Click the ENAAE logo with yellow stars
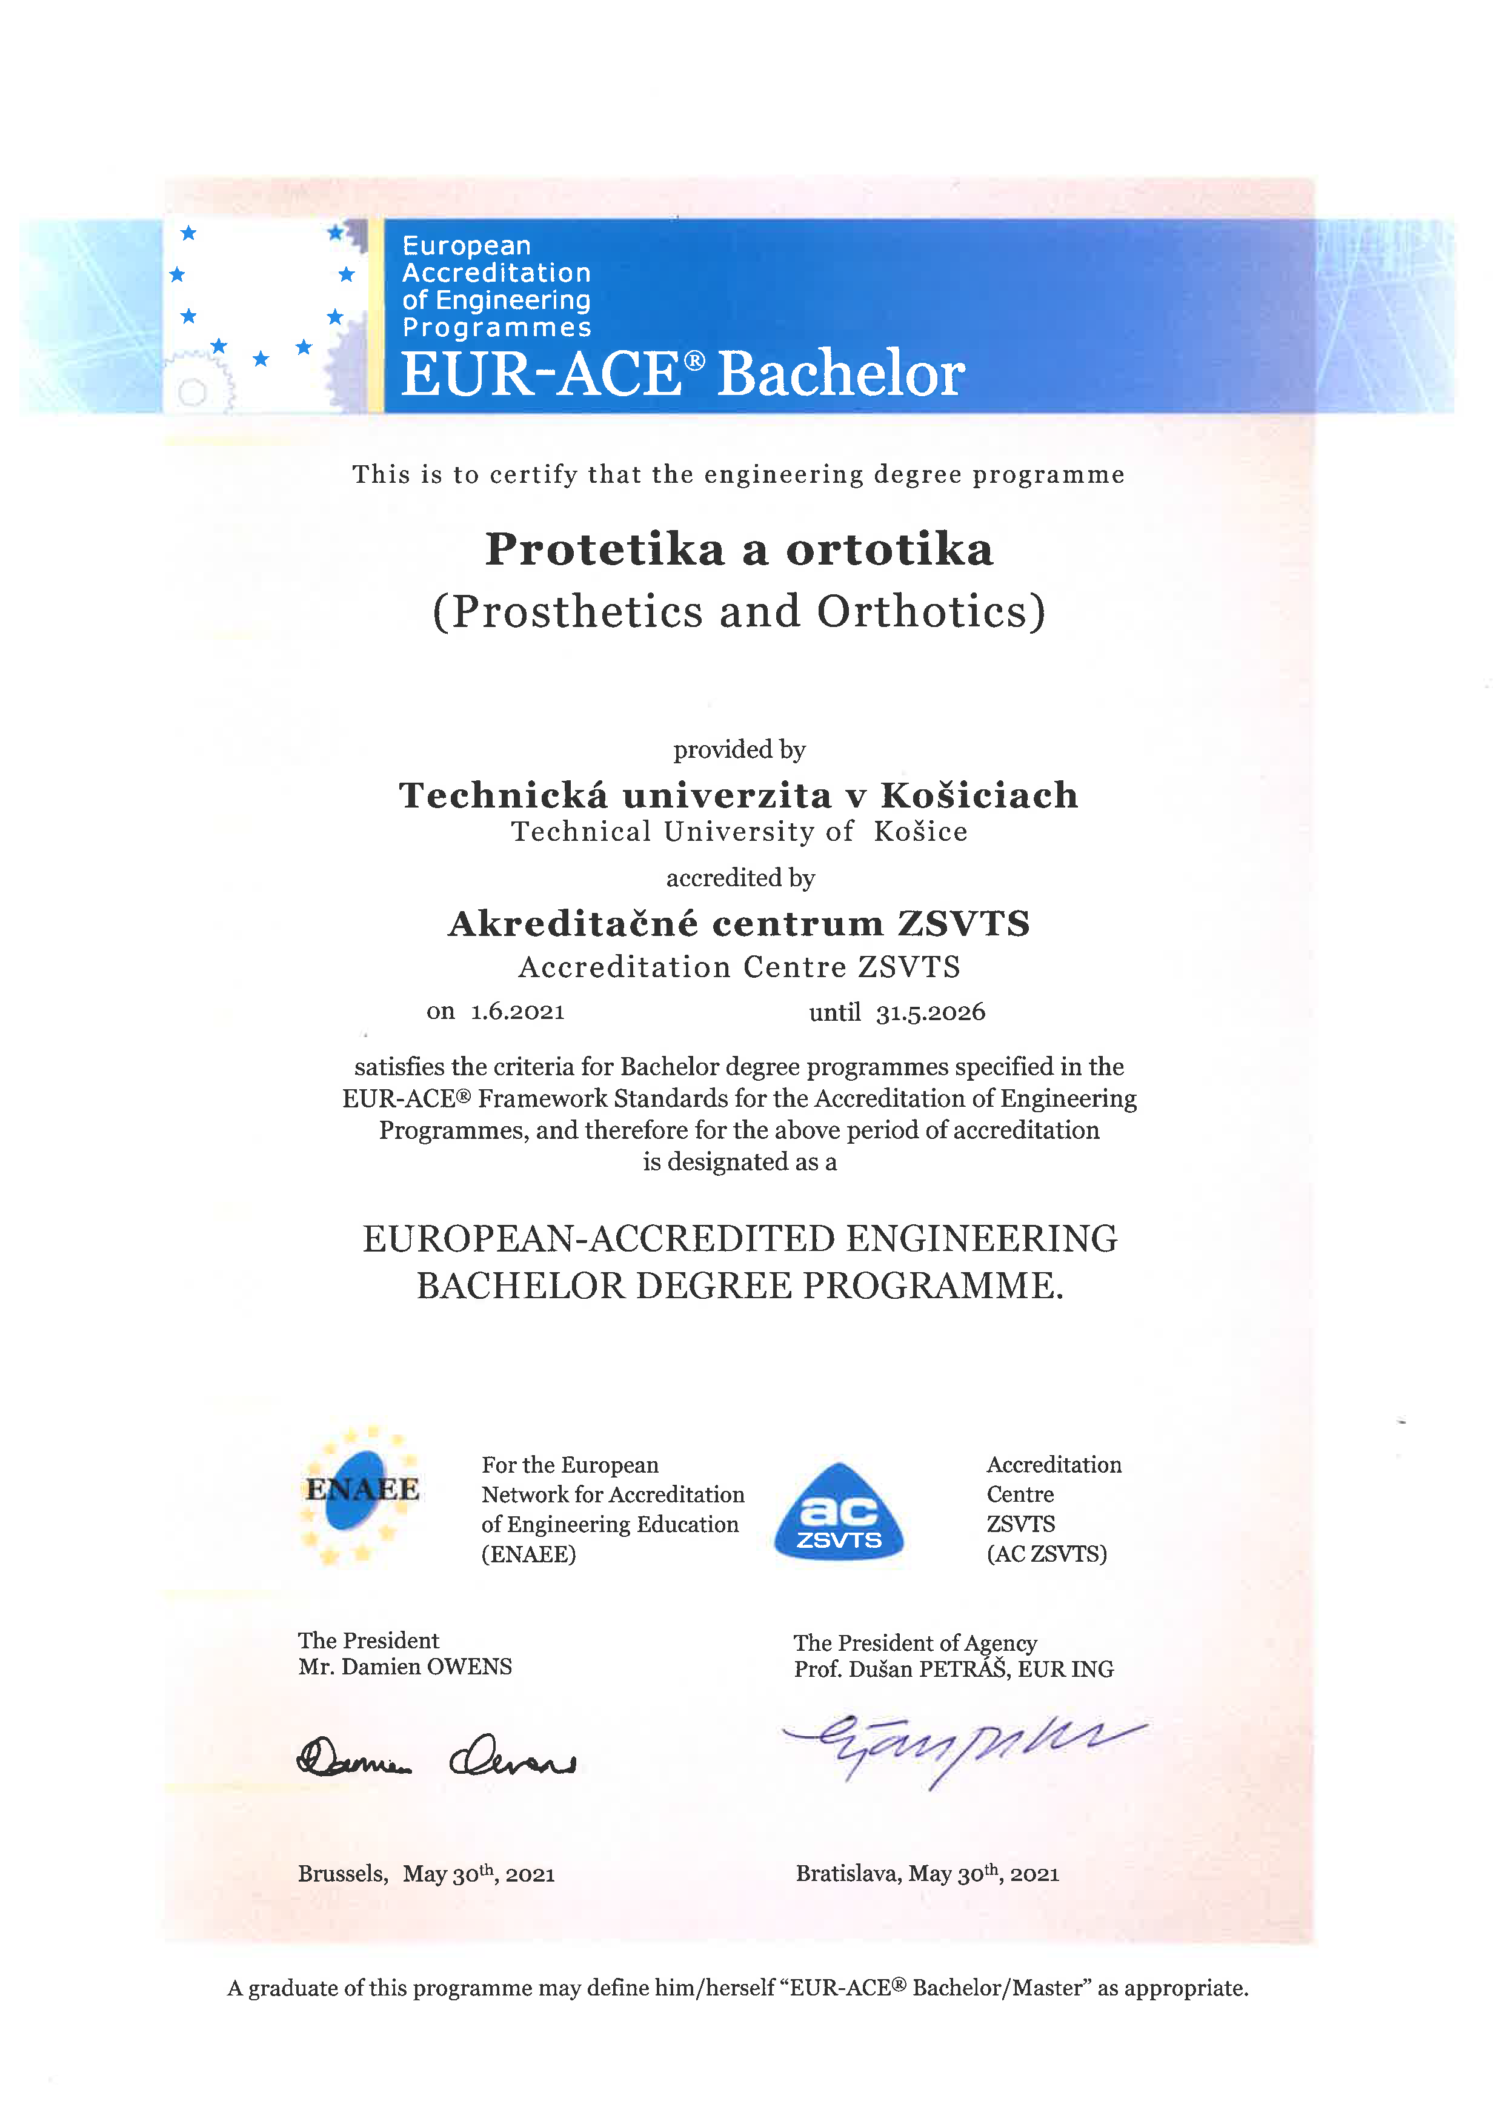pyautogui.click(x=361, y=1494)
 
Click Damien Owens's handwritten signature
pyautogui.click(x=436, y=1756)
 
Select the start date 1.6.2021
pyautogui.click(x=517, y=1012)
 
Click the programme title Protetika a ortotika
pyautogui.click(x=739, y=549)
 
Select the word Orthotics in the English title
pyautogui.click(x=931, y=612)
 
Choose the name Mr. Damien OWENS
pyautogui.click(x=405, y=1667)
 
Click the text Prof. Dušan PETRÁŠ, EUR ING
pyautogui.click(x=954, y=1670)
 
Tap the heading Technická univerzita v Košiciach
pyautogui.click(x=738, y=795)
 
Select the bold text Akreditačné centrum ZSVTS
pyautogui.click(x=739, y=924)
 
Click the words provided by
pyautogui.click(x=739, y=750)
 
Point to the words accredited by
pyautogui.click(x=740, y=878)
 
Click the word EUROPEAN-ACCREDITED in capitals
pyautogui.click(x=599, y=1239)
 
